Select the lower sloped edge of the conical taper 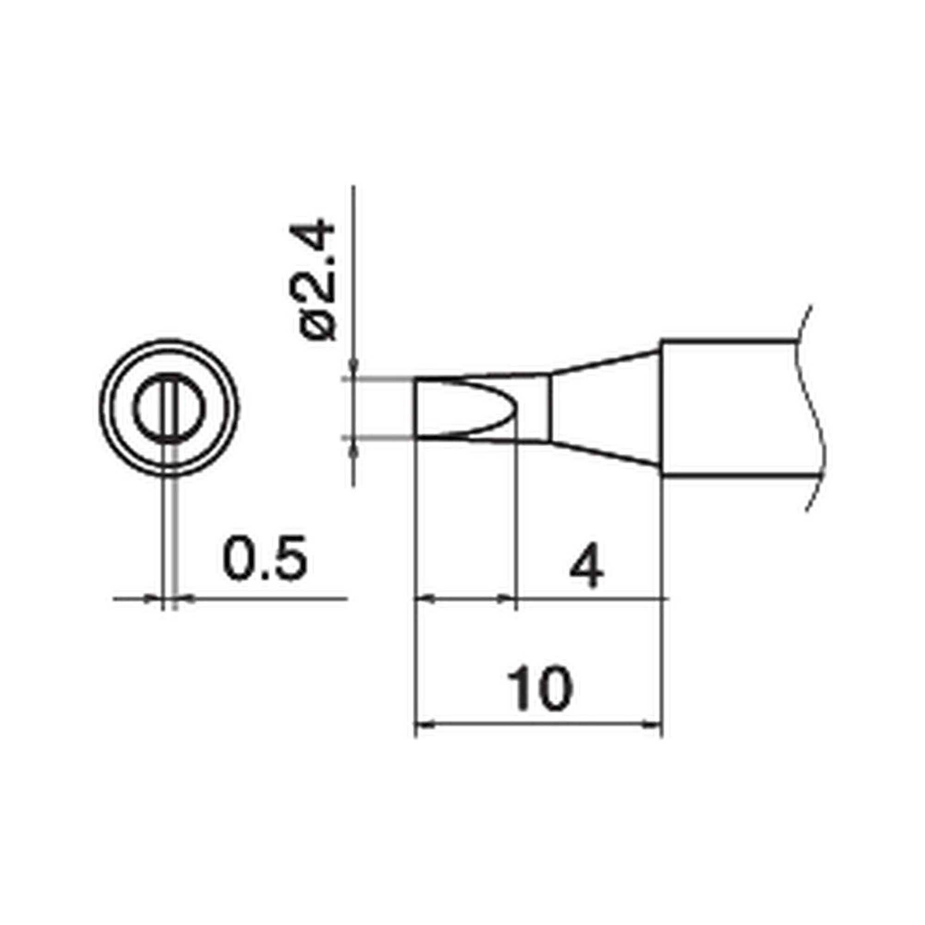pos(603,455)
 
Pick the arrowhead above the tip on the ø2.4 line pos(353,367)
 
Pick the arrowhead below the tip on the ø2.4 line pos(353,450)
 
